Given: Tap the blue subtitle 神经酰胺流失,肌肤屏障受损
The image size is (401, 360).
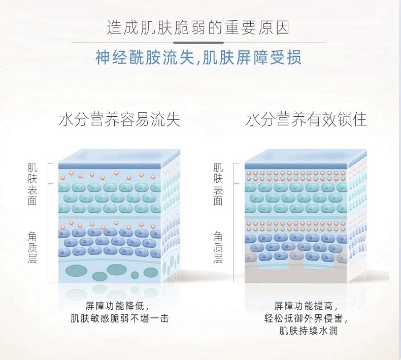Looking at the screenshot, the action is click(198, 57).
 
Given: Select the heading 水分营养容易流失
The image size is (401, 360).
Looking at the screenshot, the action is click(120, 120).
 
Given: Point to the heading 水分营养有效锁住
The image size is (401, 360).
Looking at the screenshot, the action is click(306, 120).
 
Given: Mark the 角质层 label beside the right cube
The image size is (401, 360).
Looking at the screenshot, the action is click(218, 247).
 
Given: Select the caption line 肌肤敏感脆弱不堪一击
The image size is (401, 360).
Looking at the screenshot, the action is click(120, 318).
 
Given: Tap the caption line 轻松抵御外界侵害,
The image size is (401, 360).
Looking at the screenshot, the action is click(306, 318).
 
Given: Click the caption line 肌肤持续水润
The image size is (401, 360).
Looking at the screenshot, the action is click(306, 331).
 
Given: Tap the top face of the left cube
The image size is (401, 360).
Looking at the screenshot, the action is click(120, 156).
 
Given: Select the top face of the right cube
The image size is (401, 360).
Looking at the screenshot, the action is click(306, 156).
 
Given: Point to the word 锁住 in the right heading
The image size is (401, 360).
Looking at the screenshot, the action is click(355, 120).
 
